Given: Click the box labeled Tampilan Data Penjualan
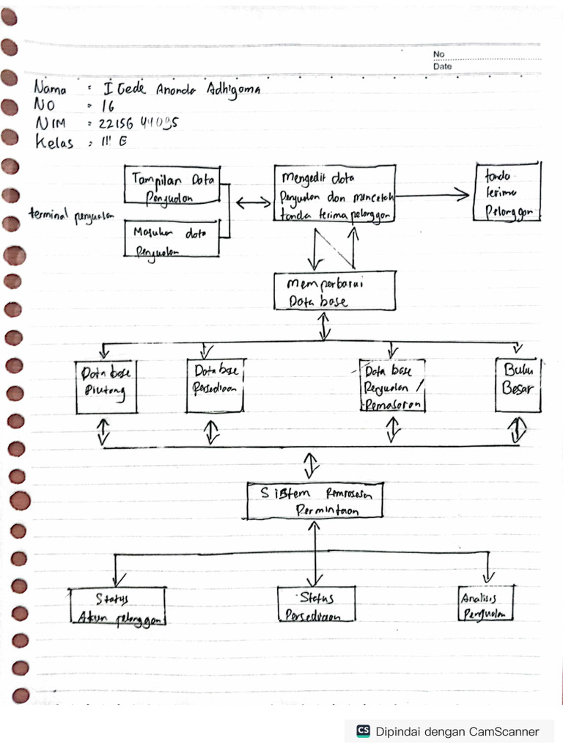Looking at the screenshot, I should click(173, 185).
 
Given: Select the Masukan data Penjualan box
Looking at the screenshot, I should click(172, 238).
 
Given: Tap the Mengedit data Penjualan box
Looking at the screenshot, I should click(335, 192).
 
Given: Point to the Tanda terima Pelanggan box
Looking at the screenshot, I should click(507, 191).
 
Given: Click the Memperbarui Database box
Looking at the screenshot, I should click(334, 291).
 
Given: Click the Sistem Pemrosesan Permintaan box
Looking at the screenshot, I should click(314, 502).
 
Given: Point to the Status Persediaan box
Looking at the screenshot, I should click(316, 605).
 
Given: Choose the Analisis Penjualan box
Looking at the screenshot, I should click(485, 604).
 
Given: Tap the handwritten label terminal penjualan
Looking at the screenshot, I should click(73, 215).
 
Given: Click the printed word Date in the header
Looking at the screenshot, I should click(442, 66).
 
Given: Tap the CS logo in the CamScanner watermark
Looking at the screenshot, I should click(363, 730).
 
